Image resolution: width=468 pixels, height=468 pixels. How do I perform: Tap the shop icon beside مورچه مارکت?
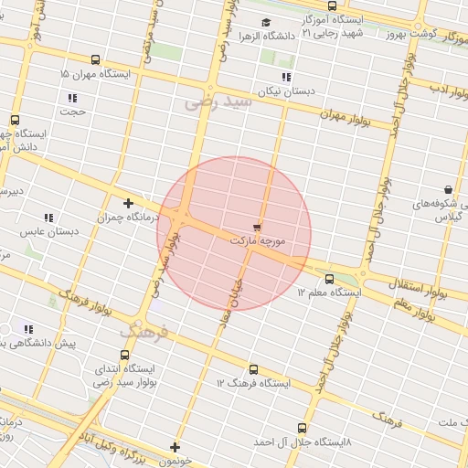[257, 226]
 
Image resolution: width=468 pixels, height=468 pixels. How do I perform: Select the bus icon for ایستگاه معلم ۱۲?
[329, 279]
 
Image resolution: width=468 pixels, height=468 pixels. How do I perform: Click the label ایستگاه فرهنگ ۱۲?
[253, 384]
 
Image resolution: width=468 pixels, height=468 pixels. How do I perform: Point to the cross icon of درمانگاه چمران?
[128, 204]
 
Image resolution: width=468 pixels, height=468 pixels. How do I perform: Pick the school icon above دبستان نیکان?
[286, 77]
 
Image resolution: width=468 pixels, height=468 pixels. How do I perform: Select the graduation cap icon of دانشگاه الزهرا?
[266, 23]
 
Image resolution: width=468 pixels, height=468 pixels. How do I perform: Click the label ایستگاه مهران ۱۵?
[95, 73]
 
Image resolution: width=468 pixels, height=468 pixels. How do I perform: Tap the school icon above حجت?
[72, 98]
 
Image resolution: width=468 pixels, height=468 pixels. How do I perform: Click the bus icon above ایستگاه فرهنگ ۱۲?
[253, 370]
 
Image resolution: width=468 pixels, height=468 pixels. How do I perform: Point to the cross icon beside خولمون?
[175, 447]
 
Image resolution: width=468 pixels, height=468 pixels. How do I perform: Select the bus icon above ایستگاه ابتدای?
[124, 354]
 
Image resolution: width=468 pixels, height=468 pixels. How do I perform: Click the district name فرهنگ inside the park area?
[147, 330]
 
